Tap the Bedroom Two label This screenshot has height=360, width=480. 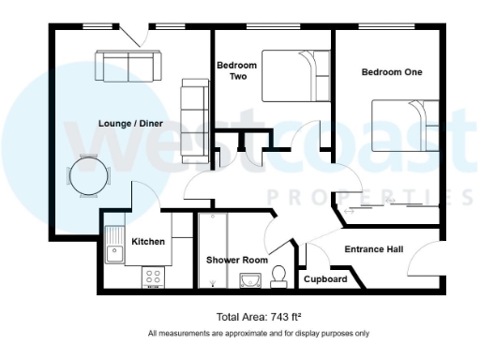pyautogui.click(x=236, y=71)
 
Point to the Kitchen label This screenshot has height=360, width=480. pyautogui.click(x=148, y=242)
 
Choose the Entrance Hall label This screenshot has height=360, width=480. pyautogui.click(x=374, y=249)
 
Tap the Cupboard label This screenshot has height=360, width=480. pyautogui.click(x=325, y=279)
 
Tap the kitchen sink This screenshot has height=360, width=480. pyautogui.click(x=116, y=245)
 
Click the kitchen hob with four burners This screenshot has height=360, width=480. pyautogui.click(x=153, y=277)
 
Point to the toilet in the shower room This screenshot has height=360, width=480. pyautogui.click(x=278, y=275)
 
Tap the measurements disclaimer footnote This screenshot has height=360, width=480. pyautogui.click(x=258, y=333)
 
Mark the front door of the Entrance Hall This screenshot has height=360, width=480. pyautogui.click(x=427, y=255)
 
